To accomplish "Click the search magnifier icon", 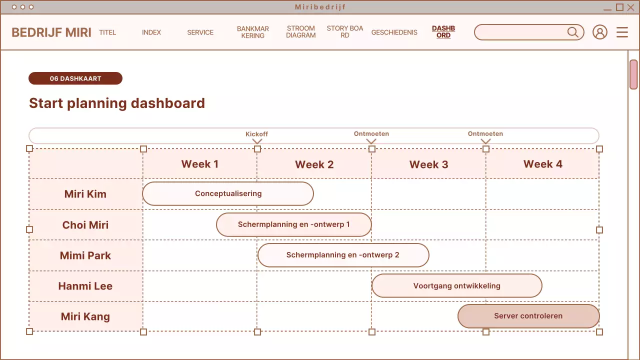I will click(572, 32).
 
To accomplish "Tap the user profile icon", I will click(599, 32).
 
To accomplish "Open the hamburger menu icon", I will click(622, 32).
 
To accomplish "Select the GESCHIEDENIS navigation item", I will click(394, 32).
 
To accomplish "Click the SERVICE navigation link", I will click(200, 32).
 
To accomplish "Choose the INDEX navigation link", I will click(151, 32).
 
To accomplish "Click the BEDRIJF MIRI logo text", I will click(51, 32).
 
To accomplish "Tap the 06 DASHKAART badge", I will click(75, 78).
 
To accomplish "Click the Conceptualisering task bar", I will click(228, 193).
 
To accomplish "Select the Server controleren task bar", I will click(528, 316).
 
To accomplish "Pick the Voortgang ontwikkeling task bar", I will click(456, 286).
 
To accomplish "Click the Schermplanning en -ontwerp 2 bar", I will click(343, 255).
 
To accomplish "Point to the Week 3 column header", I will click(428, 164).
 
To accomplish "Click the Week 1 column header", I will click(199, 164).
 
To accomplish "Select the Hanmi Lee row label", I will click(85, 286).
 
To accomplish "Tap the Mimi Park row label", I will click(85, 255).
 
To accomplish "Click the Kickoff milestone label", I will click(256, 134).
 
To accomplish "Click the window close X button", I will click(630, 7).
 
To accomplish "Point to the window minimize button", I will click(607, 7).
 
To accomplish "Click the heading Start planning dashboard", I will click(117, 103).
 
